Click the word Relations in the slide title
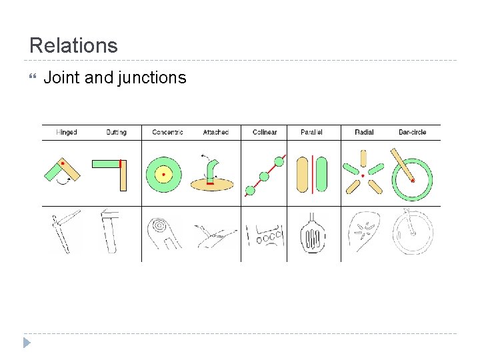coord(73,45)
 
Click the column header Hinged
coord(67,132)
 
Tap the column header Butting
coord(116,132)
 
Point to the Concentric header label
coord(167,132)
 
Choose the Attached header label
coord(215,132)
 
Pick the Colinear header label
coord(265,132)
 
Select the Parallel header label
coord(311,132)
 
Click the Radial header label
coord(364,132)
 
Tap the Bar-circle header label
coord(412,132)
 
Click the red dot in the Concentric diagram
coord(163,175)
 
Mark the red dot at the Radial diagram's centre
coord(363,176)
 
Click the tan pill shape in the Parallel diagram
coord(301,174)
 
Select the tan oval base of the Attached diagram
coord(211,183)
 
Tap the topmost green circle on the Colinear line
coord(279,161)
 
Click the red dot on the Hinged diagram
coord(63,163)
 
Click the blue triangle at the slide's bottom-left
coord(26,343)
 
